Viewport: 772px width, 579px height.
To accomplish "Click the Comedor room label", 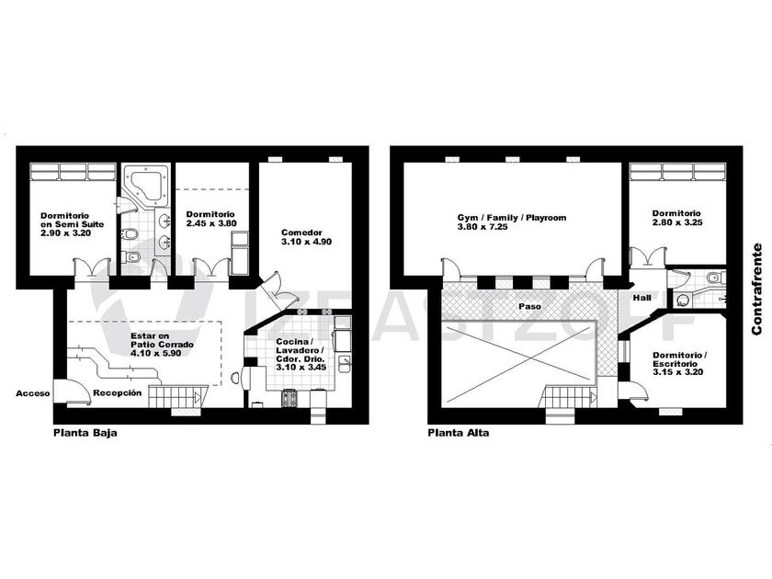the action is coord(301,233).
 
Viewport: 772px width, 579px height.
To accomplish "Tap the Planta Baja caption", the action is coord(85,433).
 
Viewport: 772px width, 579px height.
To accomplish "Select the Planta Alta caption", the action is coord(459,433).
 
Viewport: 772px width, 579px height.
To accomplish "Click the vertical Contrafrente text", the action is coord(756,289).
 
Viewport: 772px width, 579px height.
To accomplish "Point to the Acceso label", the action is coord(33,393).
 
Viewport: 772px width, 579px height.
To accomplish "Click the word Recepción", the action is coord(118,393).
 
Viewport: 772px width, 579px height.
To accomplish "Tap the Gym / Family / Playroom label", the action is coord(512,218).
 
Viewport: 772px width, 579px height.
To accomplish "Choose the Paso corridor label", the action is coord(529,306).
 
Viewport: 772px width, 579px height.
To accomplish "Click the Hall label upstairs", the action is coord(642,298).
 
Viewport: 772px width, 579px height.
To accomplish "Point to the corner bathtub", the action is coord(146,185).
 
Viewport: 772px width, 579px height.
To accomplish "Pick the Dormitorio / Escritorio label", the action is coord(679,359).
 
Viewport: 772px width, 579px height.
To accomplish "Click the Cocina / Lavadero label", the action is coord(300,346).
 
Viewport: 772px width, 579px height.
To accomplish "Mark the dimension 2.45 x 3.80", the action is coord(211,223).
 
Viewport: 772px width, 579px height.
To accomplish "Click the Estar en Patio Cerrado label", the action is coord(162,340).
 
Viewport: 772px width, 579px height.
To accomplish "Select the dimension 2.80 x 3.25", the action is coord(677,222).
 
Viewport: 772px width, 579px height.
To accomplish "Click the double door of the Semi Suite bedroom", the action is coord(92,268).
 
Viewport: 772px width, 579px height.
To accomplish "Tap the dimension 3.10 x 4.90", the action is coord(306,242).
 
